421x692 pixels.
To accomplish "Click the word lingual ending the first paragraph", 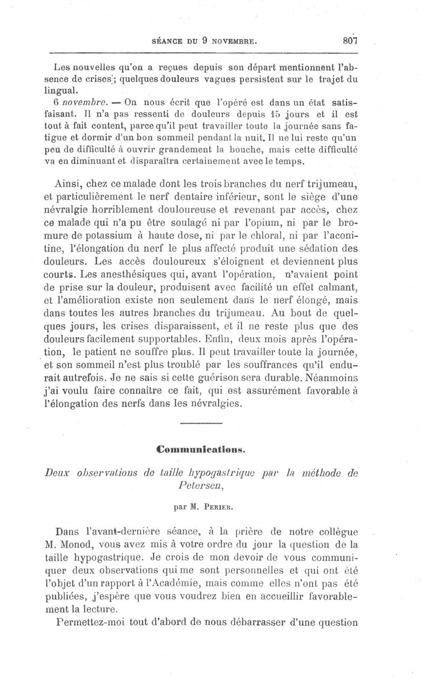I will tap(67, 91).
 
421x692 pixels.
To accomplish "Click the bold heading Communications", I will tap(206, 449).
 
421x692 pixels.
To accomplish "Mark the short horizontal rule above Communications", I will tap(202, 424).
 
